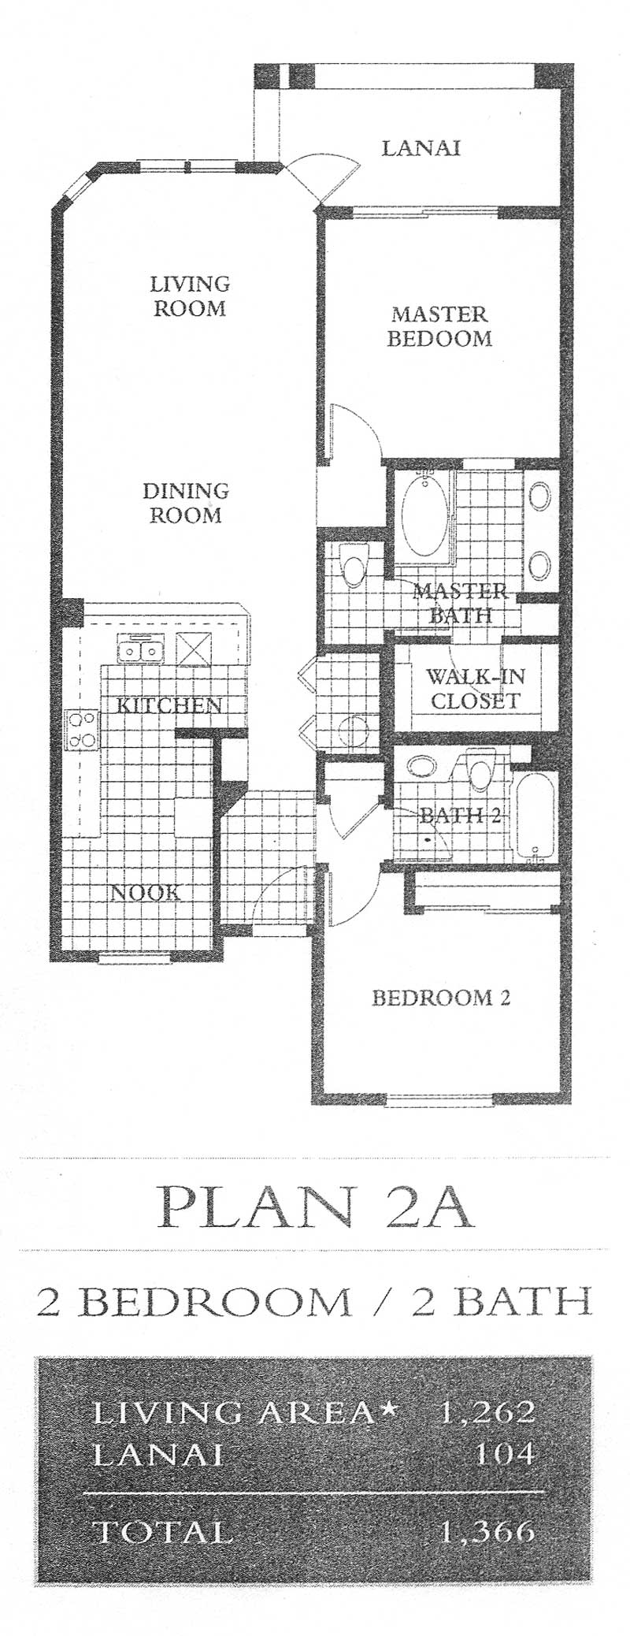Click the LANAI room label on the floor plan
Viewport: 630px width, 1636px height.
[x=421, y=147]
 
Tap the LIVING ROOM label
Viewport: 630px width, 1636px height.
[x=191, y=296]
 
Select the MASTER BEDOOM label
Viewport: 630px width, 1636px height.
[x=441, y=326]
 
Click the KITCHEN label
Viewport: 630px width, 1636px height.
[x=169, y=705]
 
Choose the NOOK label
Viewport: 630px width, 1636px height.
[x=145, y=892]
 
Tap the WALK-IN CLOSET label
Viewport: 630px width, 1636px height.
[x=476, y=688]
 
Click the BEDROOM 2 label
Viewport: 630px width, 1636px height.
[x=441, y=998]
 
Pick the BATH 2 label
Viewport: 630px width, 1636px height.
[x=458, y=815]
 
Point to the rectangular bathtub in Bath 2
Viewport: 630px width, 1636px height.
[x=535, y=816]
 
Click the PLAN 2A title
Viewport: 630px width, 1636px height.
[x=316, y=1204]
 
